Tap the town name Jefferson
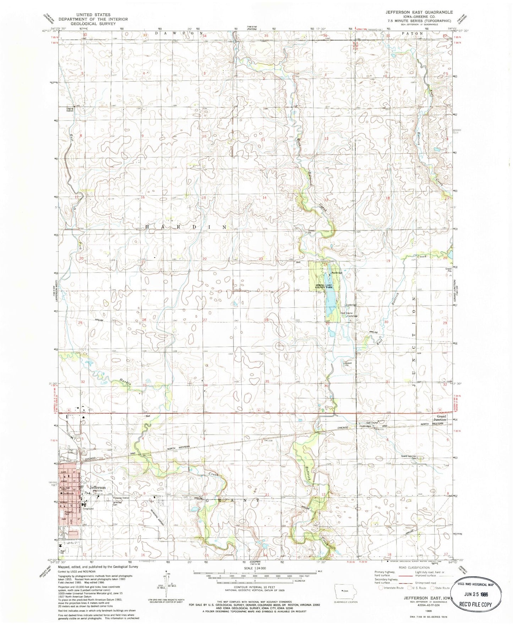(x=97, y=487)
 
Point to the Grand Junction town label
(x=441, y=418)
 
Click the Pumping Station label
(x=121, y=498)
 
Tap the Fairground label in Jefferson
(x=88, y=508)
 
